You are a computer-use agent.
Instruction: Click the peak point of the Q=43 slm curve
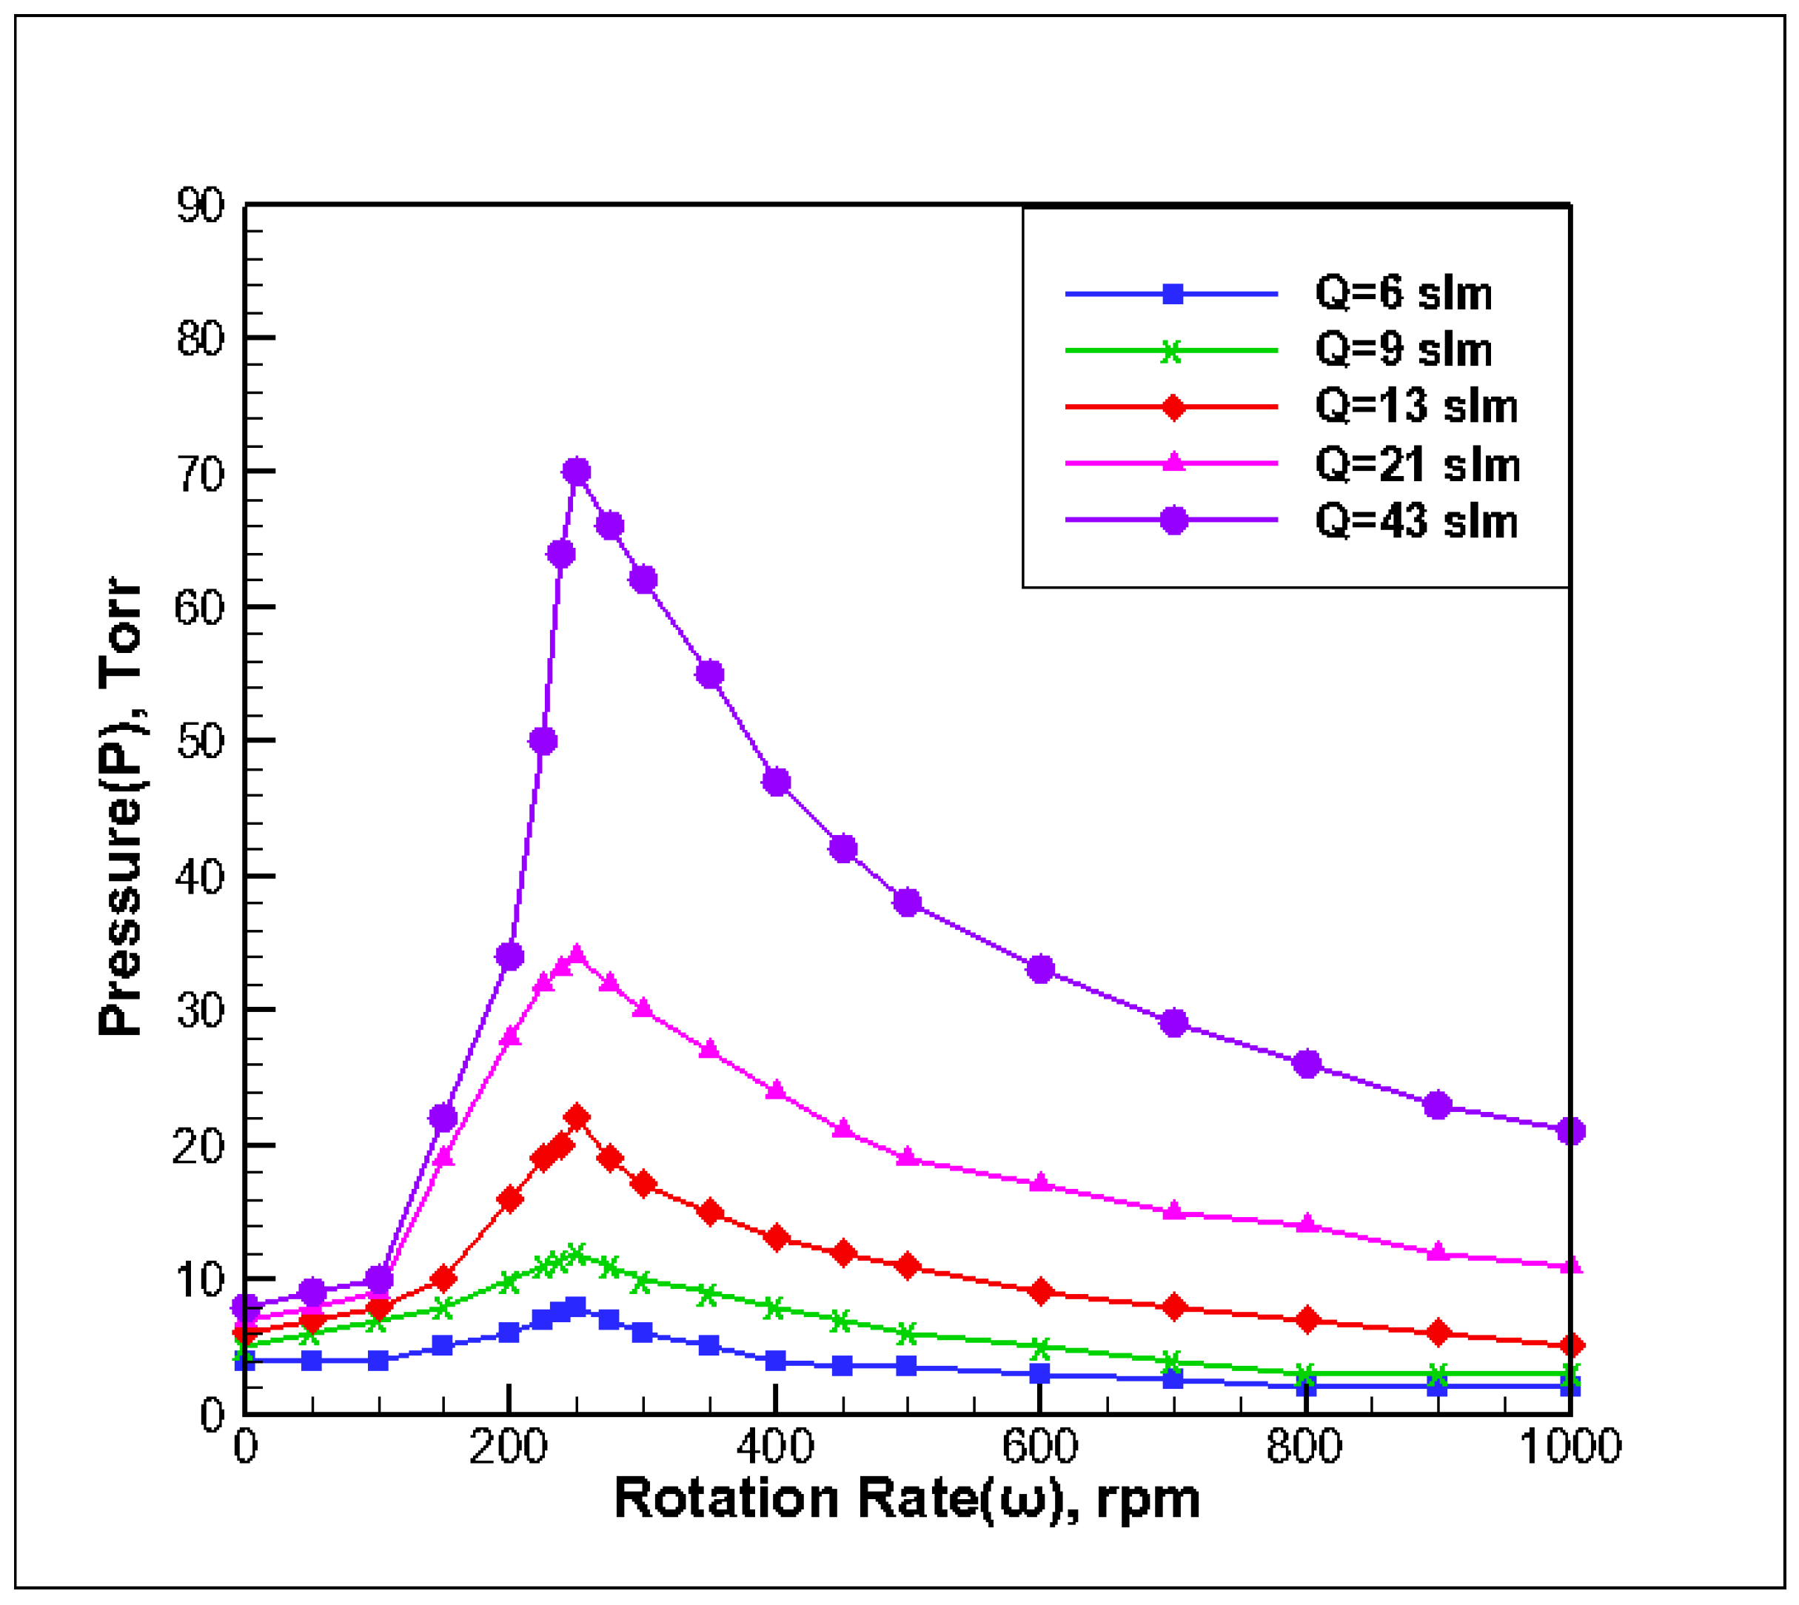[576, 472]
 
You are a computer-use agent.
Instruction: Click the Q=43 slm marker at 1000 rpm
[1570, 1130]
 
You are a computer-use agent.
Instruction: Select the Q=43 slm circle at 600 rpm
[1041, 969]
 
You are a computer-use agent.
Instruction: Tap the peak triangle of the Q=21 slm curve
[577, 954]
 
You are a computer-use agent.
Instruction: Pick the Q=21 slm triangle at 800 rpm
[1306, 1224]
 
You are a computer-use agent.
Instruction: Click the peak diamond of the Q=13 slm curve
[577, 1118]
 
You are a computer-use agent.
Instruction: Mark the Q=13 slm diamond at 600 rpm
[1041, 1292]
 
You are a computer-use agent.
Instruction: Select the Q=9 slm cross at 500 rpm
[908, 1334]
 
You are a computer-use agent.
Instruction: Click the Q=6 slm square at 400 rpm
[775, 1361]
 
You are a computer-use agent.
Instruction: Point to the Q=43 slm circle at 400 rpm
[776, 783]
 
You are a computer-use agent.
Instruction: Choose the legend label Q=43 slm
[1416, 521]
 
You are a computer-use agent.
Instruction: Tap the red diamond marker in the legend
[1173, 407]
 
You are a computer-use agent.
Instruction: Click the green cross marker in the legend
[1171, 352]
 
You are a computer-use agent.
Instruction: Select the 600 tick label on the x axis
[1039, 1447]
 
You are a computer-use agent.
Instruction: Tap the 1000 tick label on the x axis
[1570, 1447]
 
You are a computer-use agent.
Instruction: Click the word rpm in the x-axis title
[1148, 1499]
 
